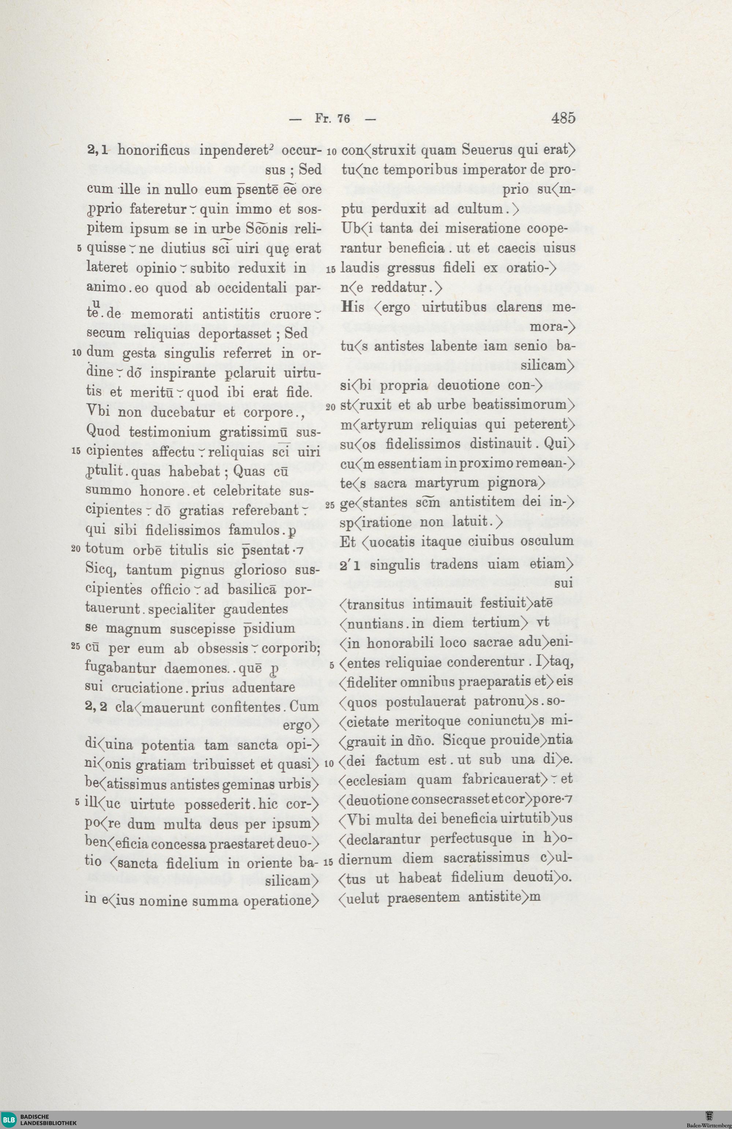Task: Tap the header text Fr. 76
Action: click(332, 118)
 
